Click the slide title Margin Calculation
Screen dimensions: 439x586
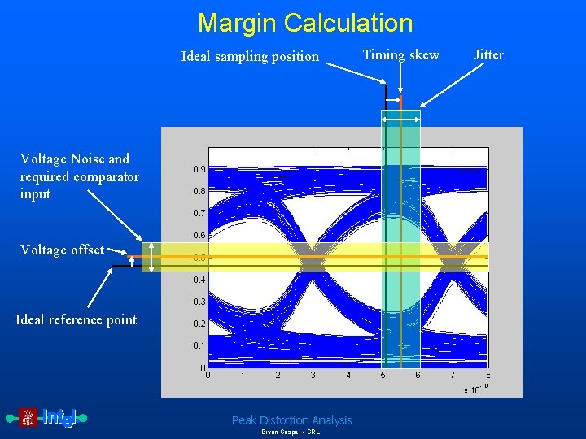point(305,23)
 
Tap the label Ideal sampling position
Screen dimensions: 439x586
point(250,57)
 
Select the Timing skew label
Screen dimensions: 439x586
point(400,55)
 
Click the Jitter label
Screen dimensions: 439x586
point(488,55)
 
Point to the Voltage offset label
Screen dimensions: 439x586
point(62,250)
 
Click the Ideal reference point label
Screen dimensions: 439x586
point(76,320)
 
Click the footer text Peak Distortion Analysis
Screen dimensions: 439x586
point(292,420)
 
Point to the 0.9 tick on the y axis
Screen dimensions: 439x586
point(199,170)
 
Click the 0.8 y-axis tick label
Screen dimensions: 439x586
point(199,192)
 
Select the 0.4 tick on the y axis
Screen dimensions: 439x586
point(199,280)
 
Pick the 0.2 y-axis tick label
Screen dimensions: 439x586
point(199,324)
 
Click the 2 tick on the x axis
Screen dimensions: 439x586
point(278,376)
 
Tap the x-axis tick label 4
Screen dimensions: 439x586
point(348,376)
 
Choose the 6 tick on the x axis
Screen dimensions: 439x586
point(418,376)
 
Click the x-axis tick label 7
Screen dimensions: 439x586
point(453,376)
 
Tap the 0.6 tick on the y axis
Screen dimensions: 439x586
point(199,236)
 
